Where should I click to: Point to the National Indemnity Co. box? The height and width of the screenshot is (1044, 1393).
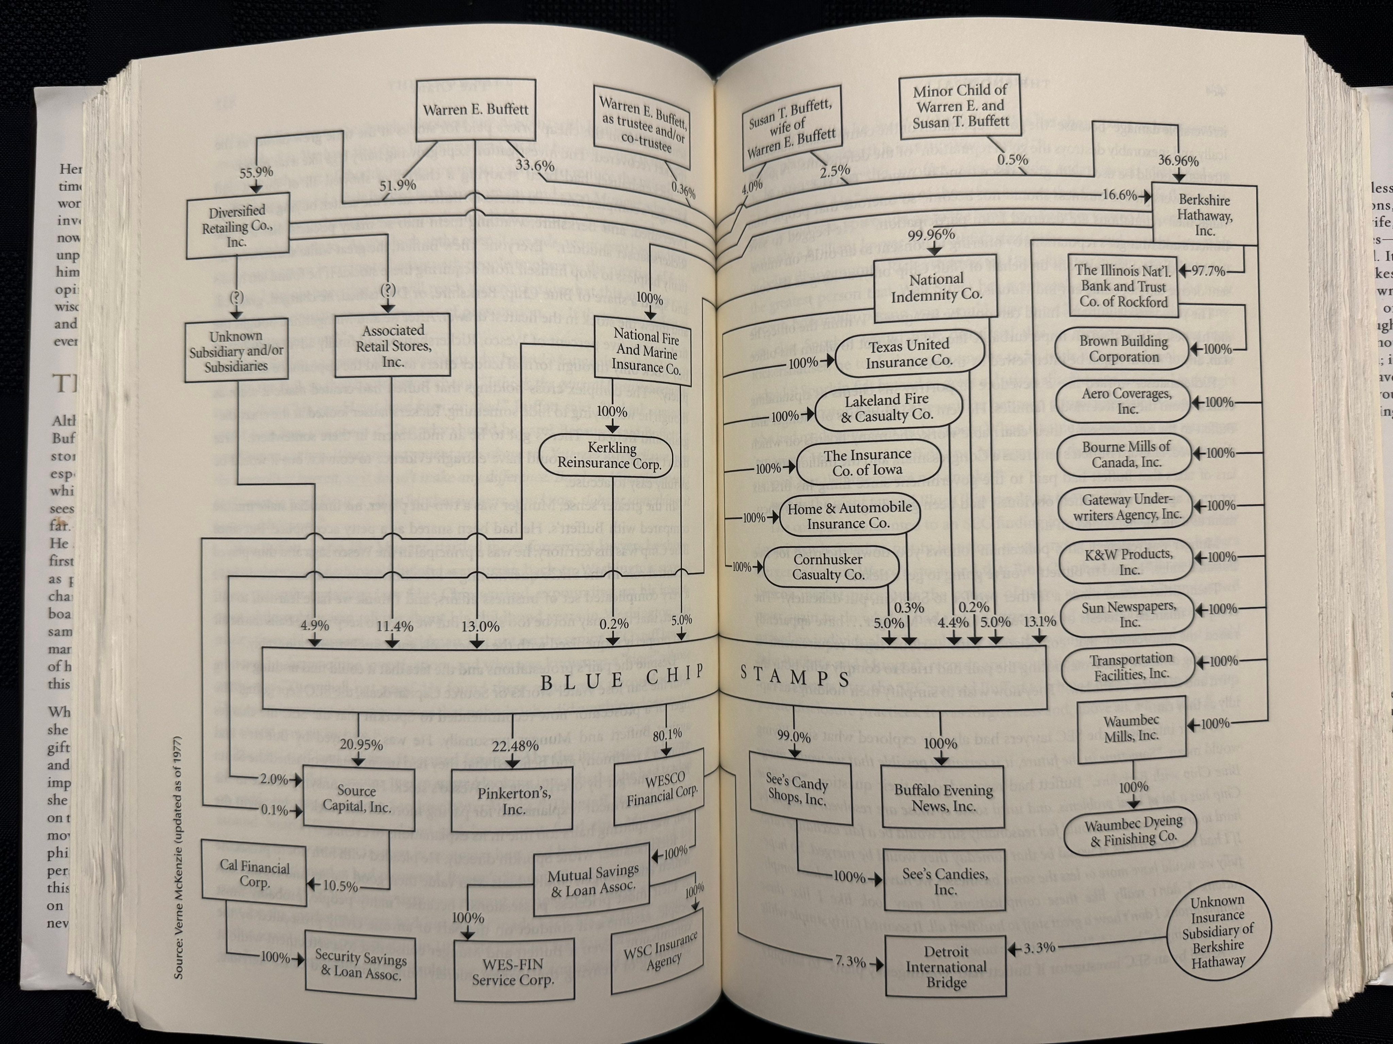pyautogui.click(x=937, y=287)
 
